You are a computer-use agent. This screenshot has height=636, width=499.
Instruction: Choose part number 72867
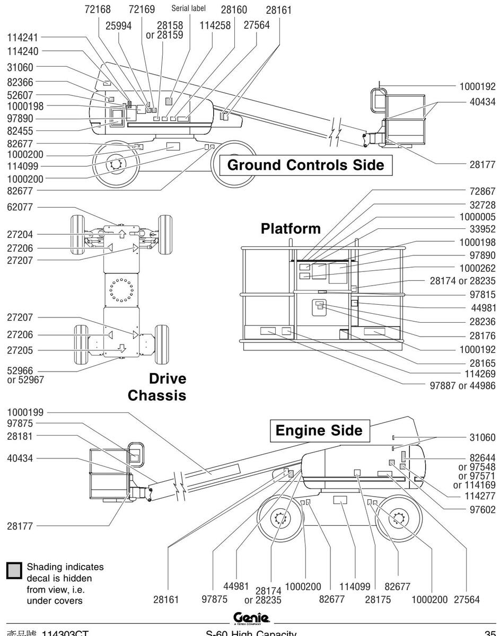coord(480,189)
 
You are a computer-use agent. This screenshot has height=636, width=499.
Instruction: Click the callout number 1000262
coord(476,268)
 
